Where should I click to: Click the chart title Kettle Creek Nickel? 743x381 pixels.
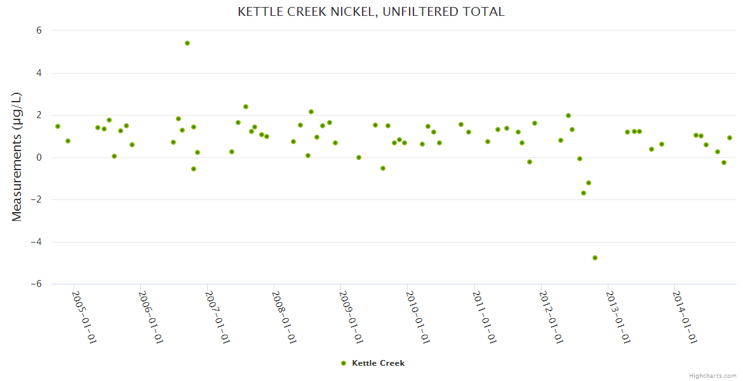click(x=371, y=11)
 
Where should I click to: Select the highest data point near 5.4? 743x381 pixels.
click(x=187, y=43)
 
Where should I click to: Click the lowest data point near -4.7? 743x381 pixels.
click(x=595, y=258)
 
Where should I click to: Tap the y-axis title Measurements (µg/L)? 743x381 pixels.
click(x=17, y=157)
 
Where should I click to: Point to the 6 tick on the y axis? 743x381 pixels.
click(x=39, y=30)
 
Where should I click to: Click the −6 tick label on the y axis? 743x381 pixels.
click(x=36, y=284)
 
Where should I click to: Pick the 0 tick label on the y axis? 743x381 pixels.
click(x=39, y=157)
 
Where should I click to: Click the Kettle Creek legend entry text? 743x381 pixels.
click(x=378, y=363)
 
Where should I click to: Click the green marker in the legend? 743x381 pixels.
click(x=344, y=363)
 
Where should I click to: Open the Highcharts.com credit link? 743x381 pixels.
click(x=713, y=375)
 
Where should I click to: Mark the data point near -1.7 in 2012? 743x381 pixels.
click(x=584, y=193)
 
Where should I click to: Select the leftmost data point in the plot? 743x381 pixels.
click(x=58, y=126)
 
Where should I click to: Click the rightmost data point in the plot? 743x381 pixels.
click(x=730, y=138)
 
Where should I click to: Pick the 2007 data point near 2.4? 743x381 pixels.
click(x=246, y=107)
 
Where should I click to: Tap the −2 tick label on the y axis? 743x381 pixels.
click(x=36, y=199)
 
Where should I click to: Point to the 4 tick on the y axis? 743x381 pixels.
click(x=39, y=73)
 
